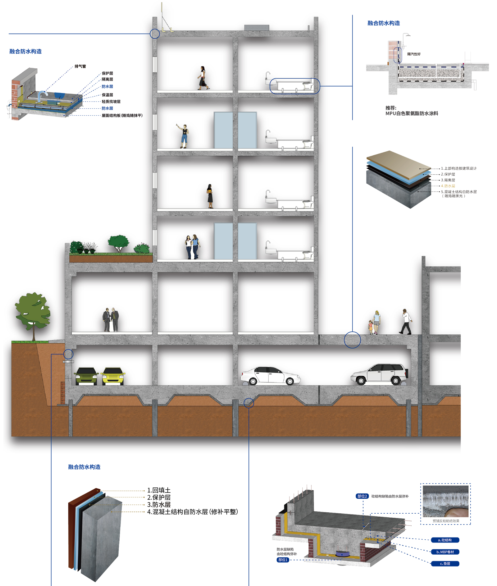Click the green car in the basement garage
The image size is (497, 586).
coord(86,376)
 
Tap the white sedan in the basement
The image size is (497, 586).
coord(270,375)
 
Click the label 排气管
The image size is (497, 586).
coord(80,66)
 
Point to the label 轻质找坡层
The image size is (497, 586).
coord(111,102)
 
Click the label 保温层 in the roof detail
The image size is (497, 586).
coord(107,95)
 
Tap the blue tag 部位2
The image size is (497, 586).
coord(362,496)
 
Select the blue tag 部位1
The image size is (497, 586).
coord(283,560)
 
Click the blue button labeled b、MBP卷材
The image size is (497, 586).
coord(445,552)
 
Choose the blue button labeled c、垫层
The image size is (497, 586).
coord(445,564)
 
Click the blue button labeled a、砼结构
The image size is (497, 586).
coord(445,540)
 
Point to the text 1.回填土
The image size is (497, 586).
coord(159,490)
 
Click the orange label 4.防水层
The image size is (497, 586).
coord(448,186)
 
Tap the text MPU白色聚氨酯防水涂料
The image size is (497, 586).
coord(412,113)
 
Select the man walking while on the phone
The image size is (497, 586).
coord(406,322)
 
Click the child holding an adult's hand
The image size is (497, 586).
coord(371,327)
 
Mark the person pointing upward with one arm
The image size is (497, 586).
coord(184,136)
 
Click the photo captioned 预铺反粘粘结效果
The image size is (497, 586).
coord(445,501)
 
